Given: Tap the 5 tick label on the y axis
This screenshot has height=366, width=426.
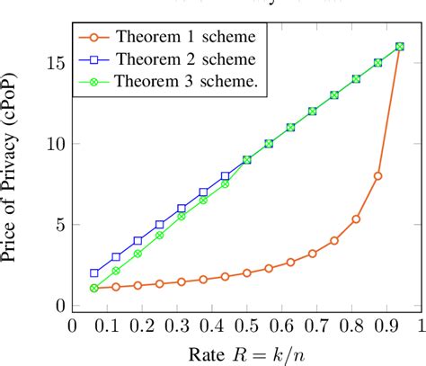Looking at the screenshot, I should pyautogui.click(x=57, y=225).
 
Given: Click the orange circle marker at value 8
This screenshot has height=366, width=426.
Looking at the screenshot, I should pyautogui.click(x=377, y=176).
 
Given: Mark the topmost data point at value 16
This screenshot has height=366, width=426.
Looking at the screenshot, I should pyautogui.click(x=400, y=47).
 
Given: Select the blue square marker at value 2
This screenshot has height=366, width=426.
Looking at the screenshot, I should pyautogui.click(x=94, y=272).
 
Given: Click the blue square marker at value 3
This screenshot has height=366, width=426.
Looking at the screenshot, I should pyautogui.click(x=116, y=256).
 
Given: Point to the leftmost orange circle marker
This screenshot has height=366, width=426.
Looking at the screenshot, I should pyautogui.click(x=94, y=288).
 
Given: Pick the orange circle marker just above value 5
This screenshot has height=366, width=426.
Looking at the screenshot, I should pyautogui.click(x=356, y=219).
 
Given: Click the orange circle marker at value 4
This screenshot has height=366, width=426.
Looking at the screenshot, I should pyautogui.click(x=334, y=241).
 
